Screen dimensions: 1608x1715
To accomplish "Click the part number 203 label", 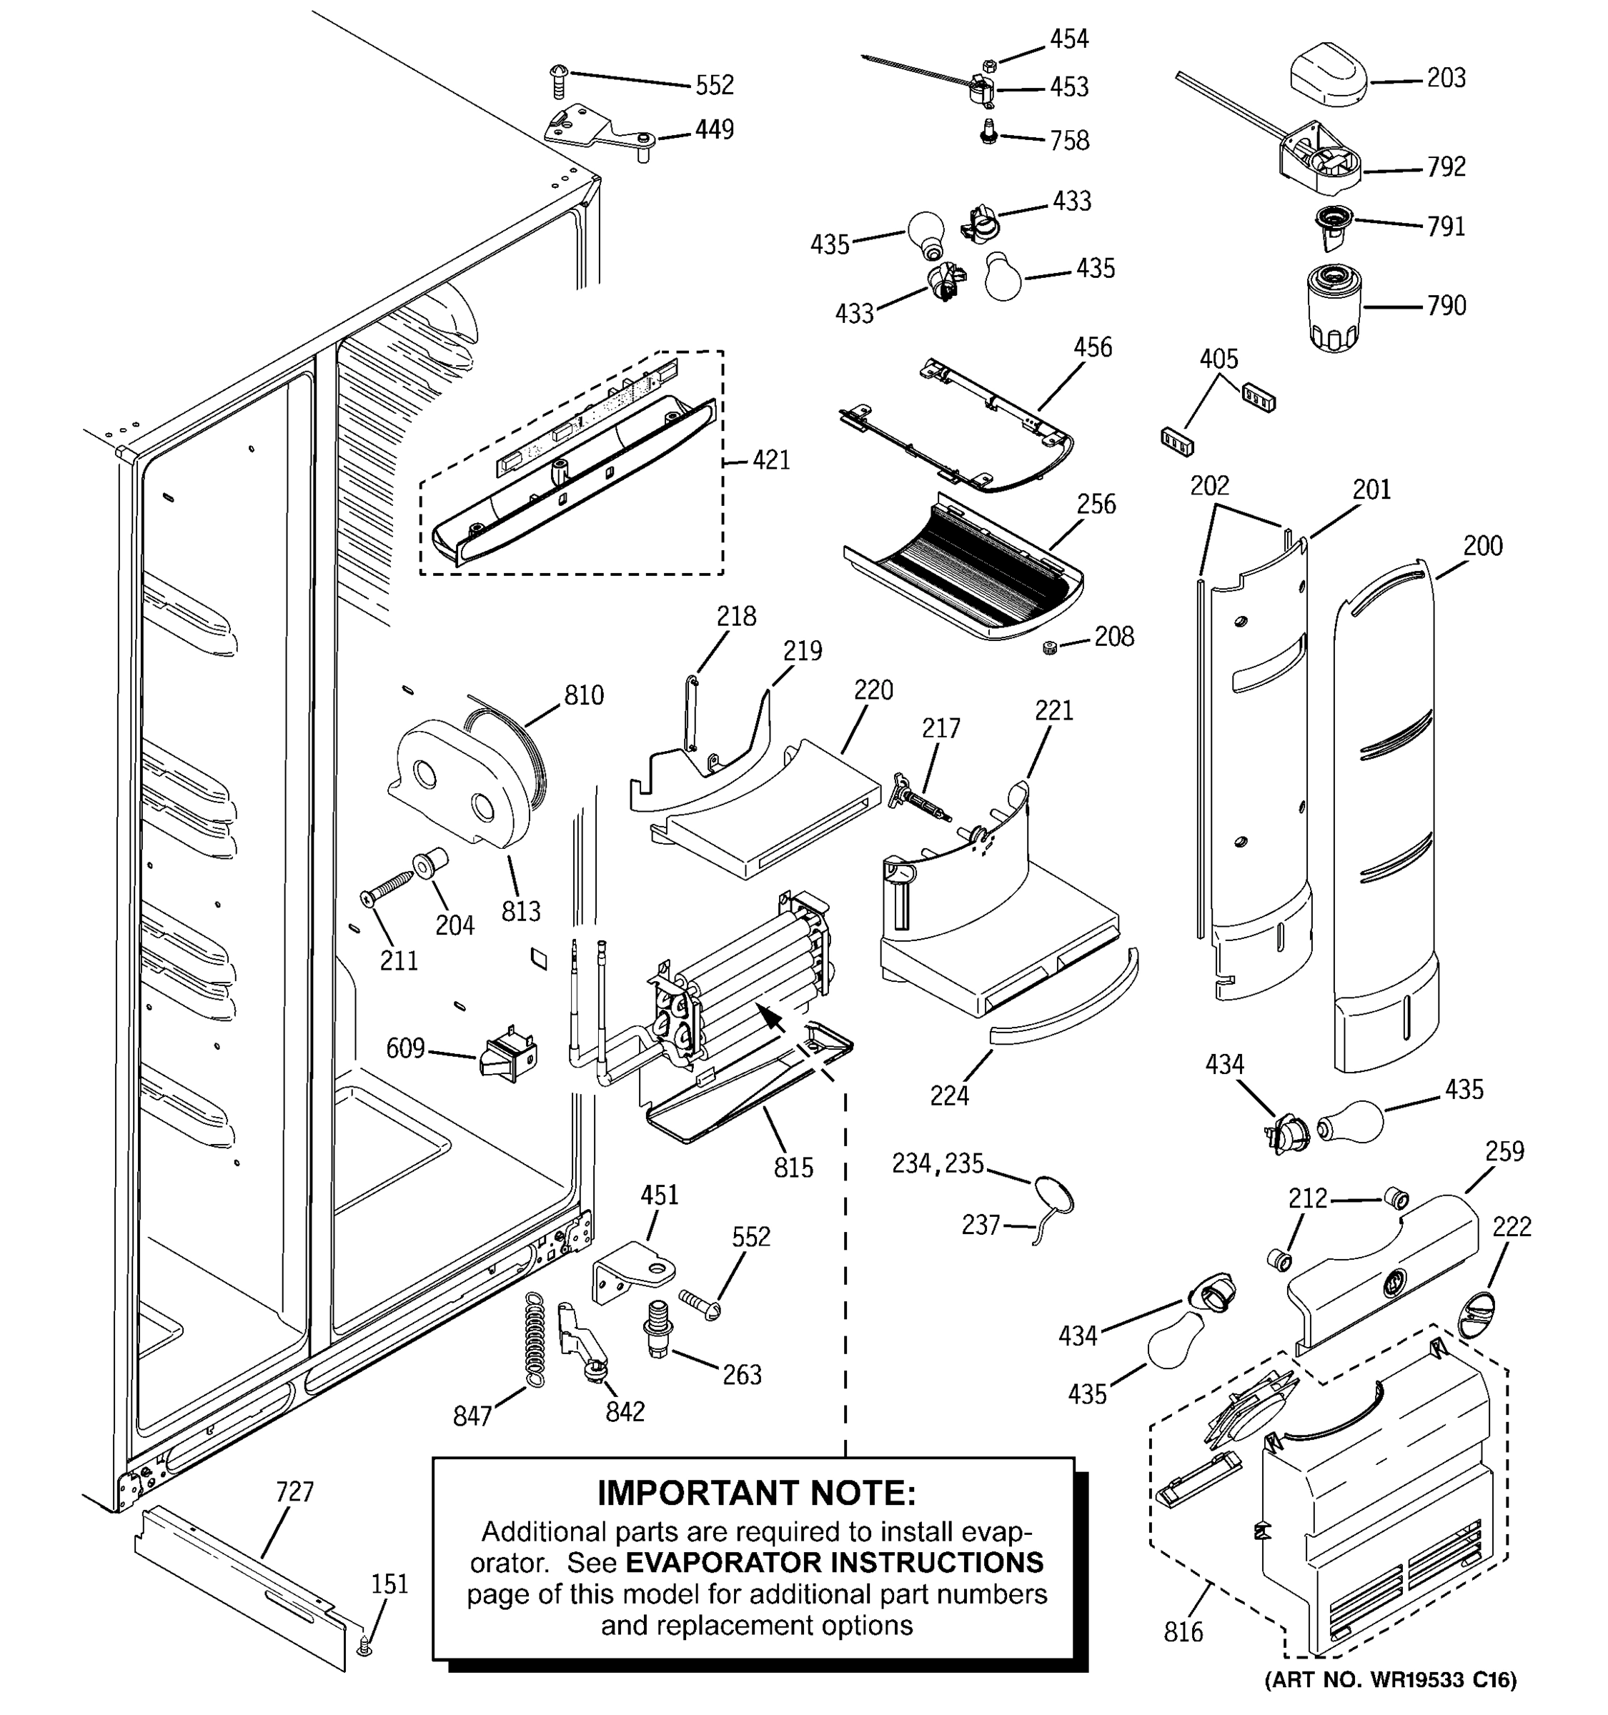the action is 1446,79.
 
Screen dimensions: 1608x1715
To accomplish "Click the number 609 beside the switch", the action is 405,1048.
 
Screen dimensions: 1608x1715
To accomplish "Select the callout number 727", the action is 294,1491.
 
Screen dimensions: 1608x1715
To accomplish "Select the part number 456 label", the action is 1092,348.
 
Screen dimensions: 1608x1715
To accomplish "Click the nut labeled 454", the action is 991,65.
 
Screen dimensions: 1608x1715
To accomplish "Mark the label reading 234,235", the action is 938,1164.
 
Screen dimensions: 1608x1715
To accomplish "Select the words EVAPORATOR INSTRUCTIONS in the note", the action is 834,1562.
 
